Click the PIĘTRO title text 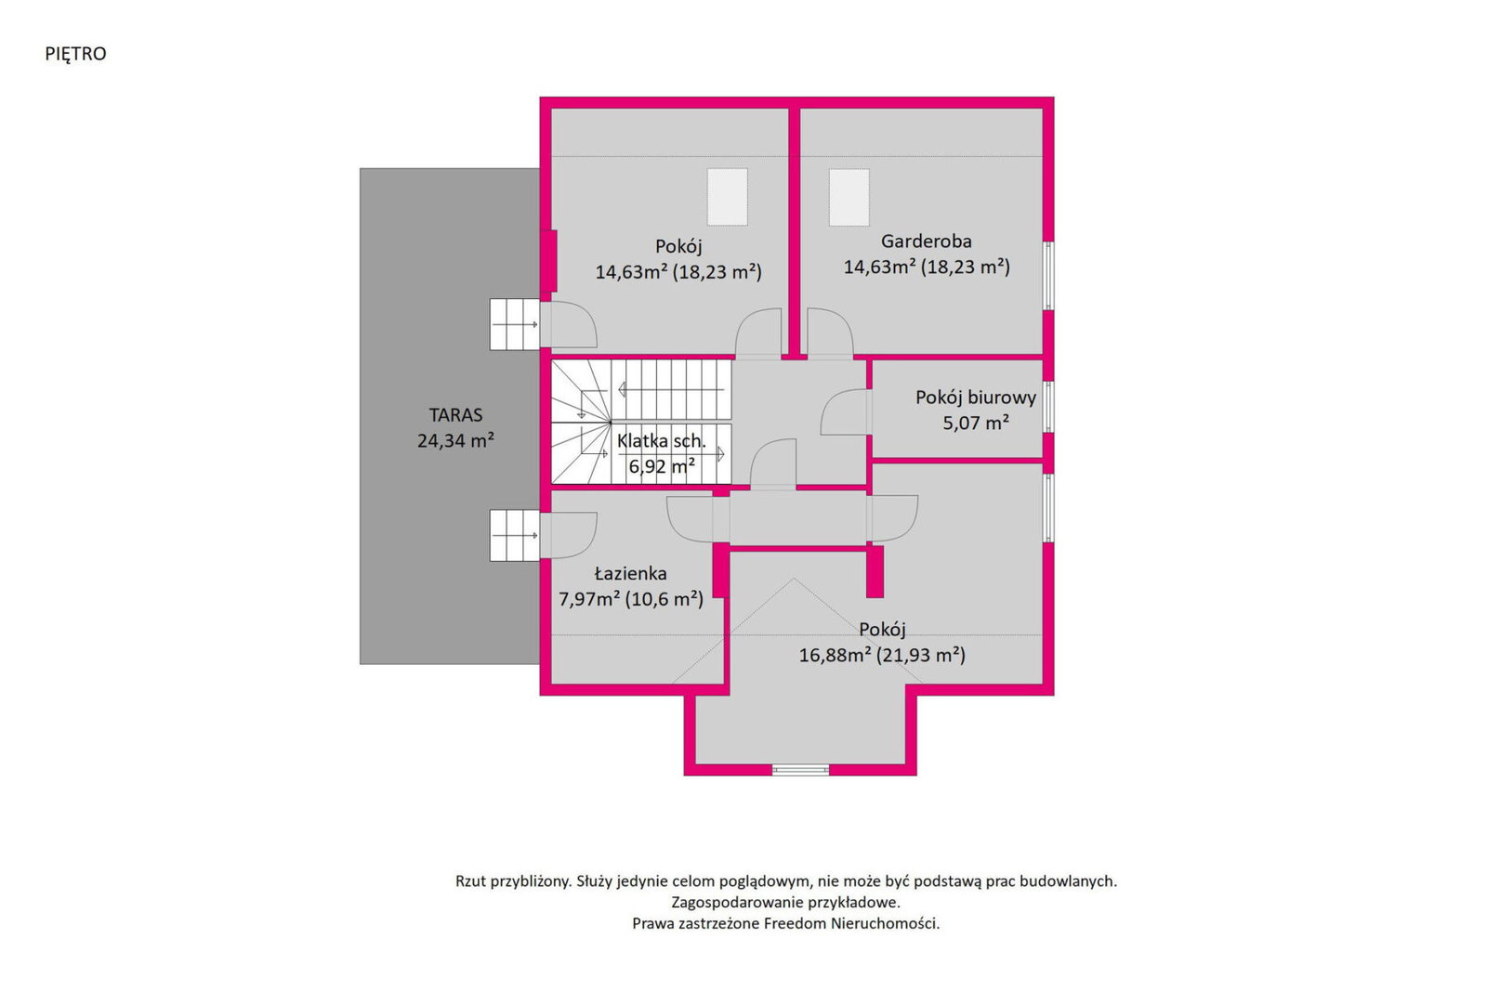point(75,55)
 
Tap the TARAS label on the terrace point(455,415)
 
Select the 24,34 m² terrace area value point(455,440)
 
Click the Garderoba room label point(926,241)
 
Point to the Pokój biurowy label point(976,398)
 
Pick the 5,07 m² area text point(976,423)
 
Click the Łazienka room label point(631,573)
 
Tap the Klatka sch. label point(661,441)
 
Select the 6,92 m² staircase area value point(661,466)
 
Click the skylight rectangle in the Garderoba point(849,198)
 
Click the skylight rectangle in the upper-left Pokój point(727,198)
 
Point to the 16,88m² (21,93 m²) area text point(882,656)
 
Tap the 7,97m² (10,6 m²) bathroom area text point(631,599)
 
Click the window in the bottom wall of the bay point(800,769)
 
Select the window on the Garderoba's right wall point(1048,275)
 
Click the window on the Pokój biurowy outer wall point(1048,407)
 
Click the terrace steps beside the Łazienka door point(515,535)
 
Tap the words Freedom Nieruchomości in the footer point(851,923)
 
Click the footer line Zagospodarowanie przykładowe point(786,902)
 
